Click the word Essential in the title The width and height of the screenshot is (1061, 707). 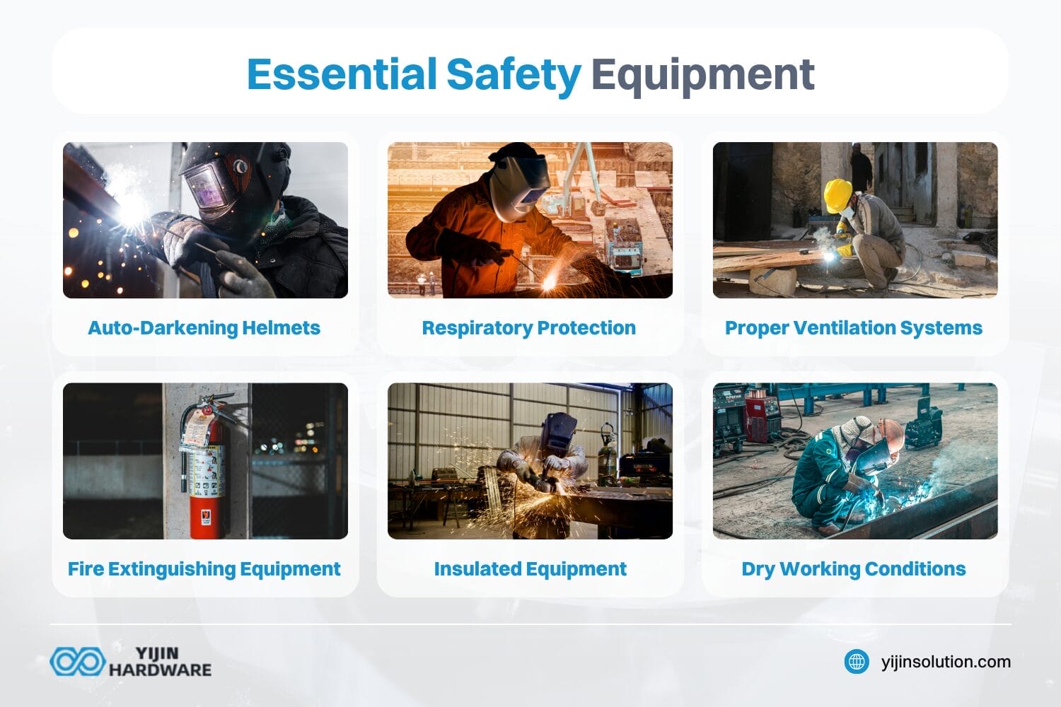click(x=342, y=74)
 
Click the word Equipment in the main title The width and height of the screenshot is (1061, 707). click(x=702, y=74)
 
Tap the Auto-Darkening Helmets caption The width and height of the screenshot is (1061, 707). click(x=204, y=328)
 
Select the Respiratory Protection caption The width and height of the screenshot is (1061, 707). click(x=528, y=328)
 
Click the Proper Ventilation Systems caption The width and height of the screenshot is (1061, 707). click(x=853, y=328)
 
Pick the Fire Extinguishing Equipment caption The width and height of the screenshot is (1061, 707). click(x=204, y=569)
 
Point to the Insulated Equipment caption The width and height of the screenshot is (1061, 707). click(x=530, y=569)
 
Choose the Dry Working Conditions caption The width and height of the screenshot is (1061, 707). click(x=853, y=569)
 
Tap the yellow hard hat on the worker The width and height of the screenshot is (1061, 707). click(x=838, y=193)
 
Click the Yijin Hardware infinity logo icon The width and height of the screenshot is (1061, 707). click(x=77, y=662)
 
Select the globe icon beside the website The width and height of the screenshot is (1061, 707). click(x=857, y=662)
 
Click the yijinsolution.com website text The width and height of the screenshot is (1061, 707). click(x=946, y=662)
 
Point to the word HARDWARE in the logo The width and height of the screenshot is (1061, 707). click(x=160, y=670)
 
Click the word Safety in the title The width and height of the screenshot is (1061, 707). click(x=514, y=74)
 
